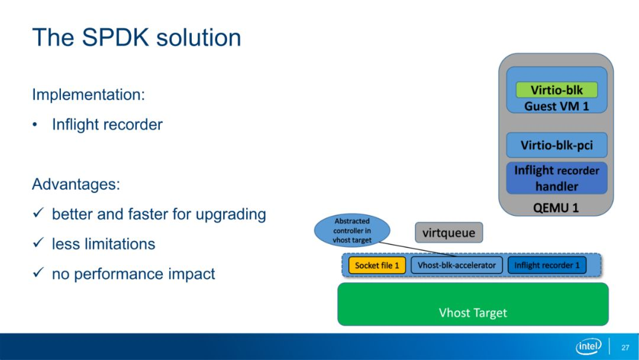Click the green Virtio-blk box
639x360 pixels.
tap(557, 89)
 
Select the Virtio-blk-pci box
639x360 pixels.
tap(557, 145)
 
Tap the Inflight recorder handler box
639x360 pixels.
tap(557, 178)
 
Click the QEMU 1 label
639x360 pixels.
tap(556, 208)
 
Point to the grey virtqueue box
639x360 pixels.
tap(448, 233)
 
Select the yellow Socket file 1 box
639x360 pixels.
tap(377, 265)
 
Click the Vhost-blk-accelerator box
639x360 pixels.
tap(456, 265)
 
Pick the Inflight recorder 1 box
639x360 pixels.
tap(547, 265)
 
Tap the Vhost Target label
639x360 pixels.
tap(473, 313)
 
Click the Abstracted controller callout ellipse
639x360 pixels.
tap(352, 231)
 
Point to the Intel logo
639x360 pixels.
tap(589, 346)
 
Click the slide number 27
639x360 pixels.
tap(625, 348)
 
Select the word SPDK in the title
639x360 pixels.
tap(115, 37)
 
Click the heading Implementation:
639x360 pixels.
tap(88, 95)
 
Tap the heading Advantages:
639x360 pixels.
tap(76, 184)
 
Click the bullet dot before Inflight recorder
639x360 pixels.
tap(35, 125)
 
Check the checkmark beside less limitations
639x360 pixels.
tap(38, 243)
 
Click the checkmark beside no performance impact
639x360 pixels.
tap(38, 272)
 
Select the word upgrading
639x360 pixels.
tap(231, 214)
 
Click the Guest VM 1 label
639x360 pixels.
tap(557, 107)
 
